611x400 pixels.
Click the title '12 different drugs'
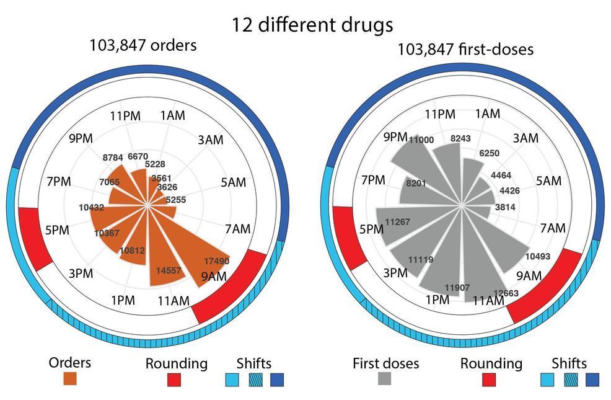[x=312, y=25]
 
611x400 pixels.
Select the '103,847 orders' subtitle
[x=143, y=46]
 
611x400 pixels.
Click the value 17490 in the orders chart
[x=217, y=261]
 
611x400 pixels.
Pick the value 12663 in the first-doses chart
[x=504, y=293]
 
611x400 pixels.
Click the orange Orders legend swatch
[x=70, y=378]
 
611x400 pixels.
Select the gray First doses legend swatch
[x=385, y=378]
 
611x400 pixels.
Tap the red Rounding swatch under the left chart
[x=173, y=378]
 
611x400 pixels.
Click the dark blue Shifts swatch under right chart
[x=593, y=378]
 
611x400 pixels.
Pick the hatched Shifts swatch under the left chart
[x=255, y=378]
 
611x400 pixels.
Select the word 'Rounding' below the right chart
[x=491, y=363]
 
